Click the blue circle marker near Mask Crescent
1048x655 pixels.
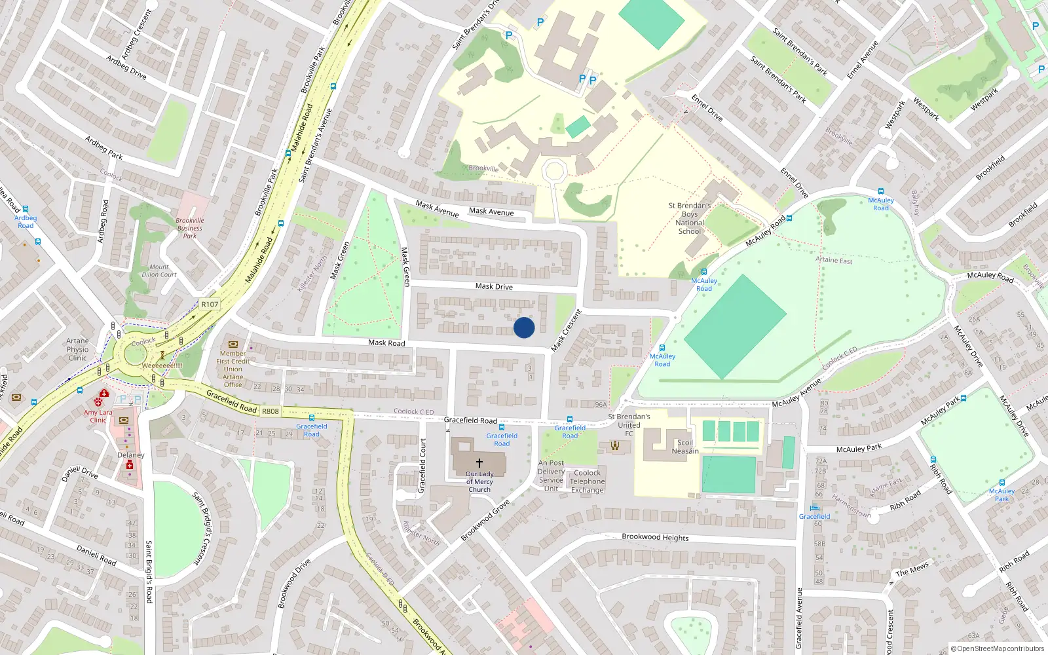tap(524, 327)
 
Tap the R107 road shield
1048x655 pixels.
tap(210, 304)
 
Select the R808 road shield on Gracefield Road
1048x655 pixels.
tap(271, 411)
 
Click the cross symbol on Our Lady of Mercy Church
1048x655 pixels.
tap(479, 463)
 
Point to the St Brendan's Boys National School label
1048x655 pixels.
tap(690, 218)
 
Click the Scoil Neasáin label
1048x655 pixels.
tap(685, 447)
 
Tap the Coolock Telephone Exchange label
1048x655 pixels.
tap(587, 481)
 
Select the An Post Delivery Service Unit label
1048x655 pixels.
tap(551, 476)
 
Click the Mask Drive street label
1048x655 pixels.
tap(494, 286)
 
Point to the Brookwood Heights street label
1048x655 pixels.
tap(655, 537)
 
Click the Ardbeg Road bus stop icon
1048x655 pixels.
tap(26, 210)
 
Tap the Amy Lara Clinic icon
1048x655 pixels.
tap(103, 394)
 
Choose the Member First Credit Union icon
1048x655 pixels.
tap(233, 344)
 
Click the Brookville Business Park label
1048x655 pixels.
tap(190, 228)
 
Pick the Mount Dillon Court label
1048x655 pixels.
tap(159, 271)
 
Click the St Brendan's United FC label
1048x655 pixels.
tap(629, 424)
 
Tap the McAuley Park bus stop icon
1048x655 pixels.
tap(1001, 483)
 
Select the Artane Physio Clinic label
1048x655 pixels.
tap(77, 349)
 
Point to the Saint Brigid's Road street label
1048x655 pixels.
tap(149, 571)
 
